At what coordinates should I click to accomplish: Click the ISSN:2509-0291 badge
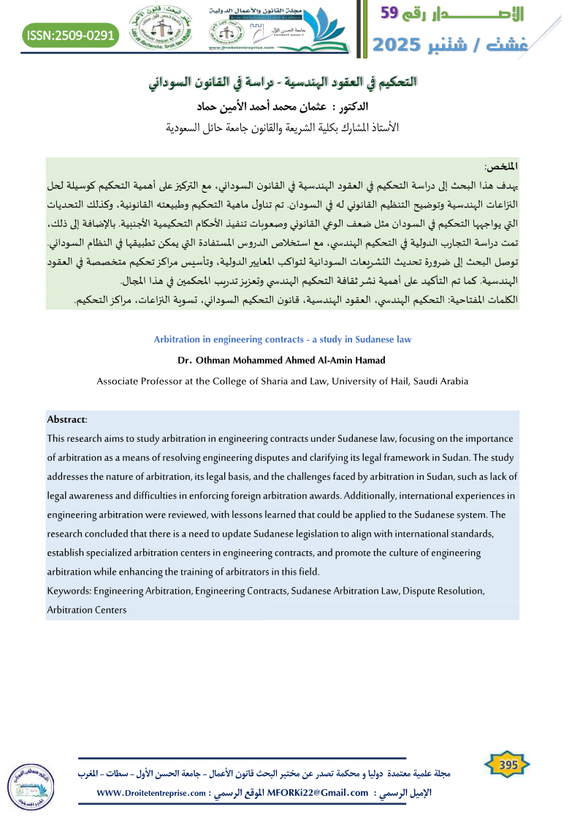pyautogui.click(x=70, y=35)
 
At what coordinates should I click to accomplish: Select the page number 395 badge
pyautogui.click(x=508, y=765)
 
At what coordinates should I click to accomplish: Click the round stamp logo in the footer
pyautogui.click(x=27, y=786)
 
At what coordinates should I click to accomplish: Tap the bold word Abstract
pyautogui.click(x=66, y=419)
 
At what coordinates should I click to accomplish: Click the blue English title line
pyautogui.click(x=283, y=340)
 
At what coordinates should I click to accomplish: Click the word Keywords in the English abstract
pyautogui.click(x=69, y=590)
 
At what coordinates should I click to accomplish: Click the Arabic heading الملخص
pyautogui.click(x=500, y=167)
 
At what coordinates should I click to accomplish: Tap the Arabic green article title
pyautogui.click(x=282, y=81)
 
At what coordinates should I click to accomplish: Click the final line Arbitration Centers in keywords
pyautogui.click(x=86, y=609)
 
